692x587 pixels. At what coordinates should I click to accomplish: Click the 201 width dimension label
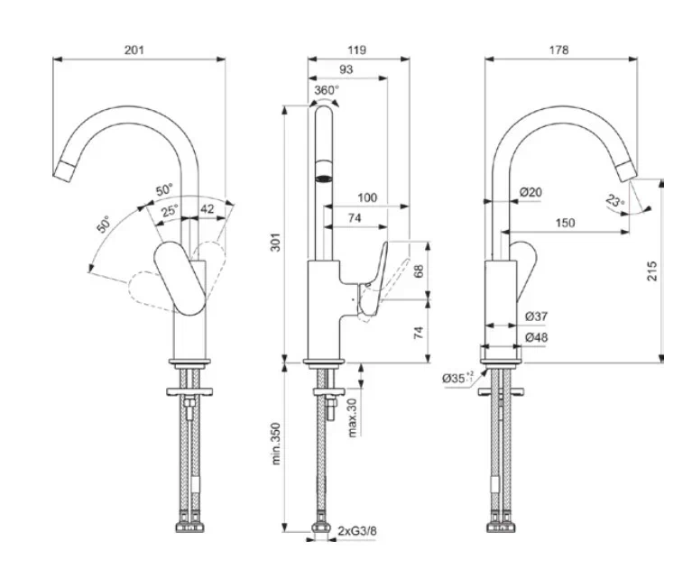point(134,50)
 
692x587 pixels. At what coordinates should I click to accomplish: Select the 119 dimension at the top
point(357,50)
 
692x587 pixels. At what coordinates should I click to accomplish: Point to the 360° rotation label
point(327,90)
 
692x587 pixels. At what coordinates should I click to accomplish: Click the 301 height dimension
point(277,241)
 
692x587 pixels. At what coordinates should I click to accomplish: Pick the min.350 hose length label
point(277,447)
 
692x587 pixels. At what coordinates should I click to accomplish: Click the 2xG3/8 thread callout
point(357,532)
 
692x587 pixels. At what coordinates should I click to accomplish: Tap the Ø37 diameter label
point(536,316)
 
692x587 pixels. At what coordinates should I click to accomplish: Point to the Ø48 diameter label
point(536,337)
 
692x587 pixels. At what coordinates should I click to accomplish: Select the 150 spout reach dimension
point(565,223)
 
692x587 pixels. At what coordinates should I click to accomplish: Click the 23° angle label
point(615,203)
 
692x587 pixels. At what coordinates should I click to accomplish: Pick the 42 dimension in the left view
point(207,209)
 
